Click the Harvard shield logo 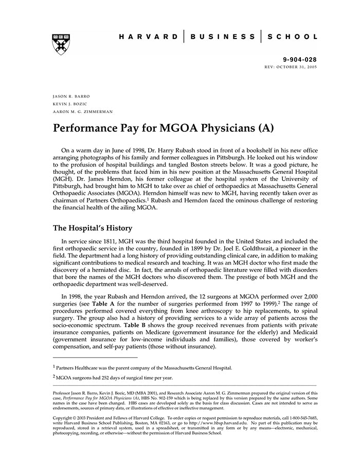tap(61, 45)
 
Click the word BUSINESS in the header tap(222, 37)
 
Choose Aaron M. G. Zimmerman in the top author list tap(83, 111)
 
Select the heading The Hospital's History tap(93, 228)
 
